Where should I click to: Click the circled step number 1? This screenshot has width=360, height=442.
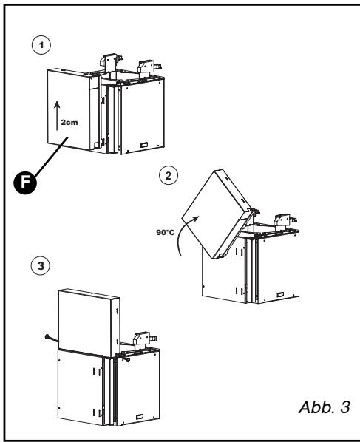pyautogui.click(x=41, y=45)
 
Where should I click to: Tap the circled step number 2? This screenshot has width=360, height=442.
pyautogui.click(x=169, y=175)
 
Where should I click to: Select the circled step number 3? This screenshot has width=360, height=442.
pyautogui.click(x=41, y=265)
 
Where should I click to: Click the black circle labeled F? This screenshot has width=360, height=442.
pyautogui.click(x=25, y=183)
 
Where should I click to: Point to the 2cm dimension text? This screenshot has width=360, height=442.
pyautogui.click(x=69, y=123)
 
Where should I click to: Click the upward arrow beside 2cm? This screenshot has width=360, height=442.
pyautogui.click(x=57, y=115)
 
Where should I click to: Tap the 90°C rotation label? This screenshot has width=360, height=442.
pyautogui.click(x=166, y=233)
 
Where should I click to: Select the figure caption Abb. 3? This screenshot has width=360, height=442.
pyautogui.click(x=325, y=407)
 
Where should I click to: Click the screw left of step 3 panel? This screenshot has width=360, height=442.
pyautogui.click(x=51, y=338)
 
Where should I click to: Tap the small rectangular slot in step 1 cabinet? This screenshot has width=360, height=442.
pyautogui.click(x=144, y=145)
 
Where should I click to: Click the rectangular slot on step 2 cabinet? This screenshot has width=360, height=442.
pyautogui.click(x=280, y=295)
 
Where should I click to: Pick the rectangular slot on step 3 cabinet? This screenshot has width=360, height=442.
pyautogui.click(x=140, y=417)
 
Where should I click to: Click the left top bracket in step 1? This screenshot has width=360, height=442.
pyautogui.click(x=111, y=62)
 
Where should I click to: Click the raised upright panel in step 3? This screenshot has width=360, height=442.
pyautogui.click(x=89, y=323)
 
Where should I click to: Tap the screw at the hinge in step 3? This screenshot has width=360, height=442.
pyautogui.click(x=126, y=358)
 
